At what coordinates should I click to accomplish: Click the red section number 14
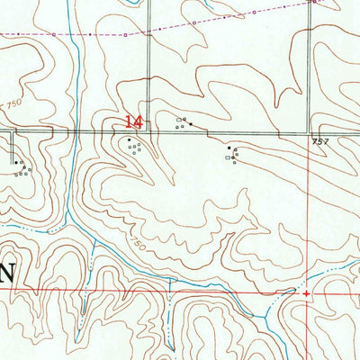pyautogui.click(x=133, y=121)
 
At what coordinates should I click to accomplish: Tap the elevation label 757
pyautogui.click(x=320, y=142)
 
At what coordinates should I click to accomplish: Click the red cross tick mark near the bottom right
pyautogui.click(x=307, y=292)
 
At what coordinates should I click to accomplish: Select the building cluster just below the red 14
pyautogui.click(x=135, y=147)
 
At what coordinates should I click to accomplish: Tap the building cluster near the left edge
pyautogui.click(x=20, y=166)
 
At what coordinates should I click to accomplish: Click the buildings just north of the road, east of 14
pyautogui.click(x=181, y=123)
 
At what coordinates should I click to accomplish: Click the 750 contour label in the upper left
pyautogui.click(x=13, y=105)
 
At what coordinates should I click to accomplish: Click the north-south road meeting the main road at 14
pyautogui.click(x=148, y=72)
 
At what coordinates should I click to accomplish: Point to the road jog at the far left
pyautogui.click(x=13, y=135)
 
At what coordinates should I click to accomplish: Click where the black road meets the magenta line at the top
pyautogui.click(x=148, y=33)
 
